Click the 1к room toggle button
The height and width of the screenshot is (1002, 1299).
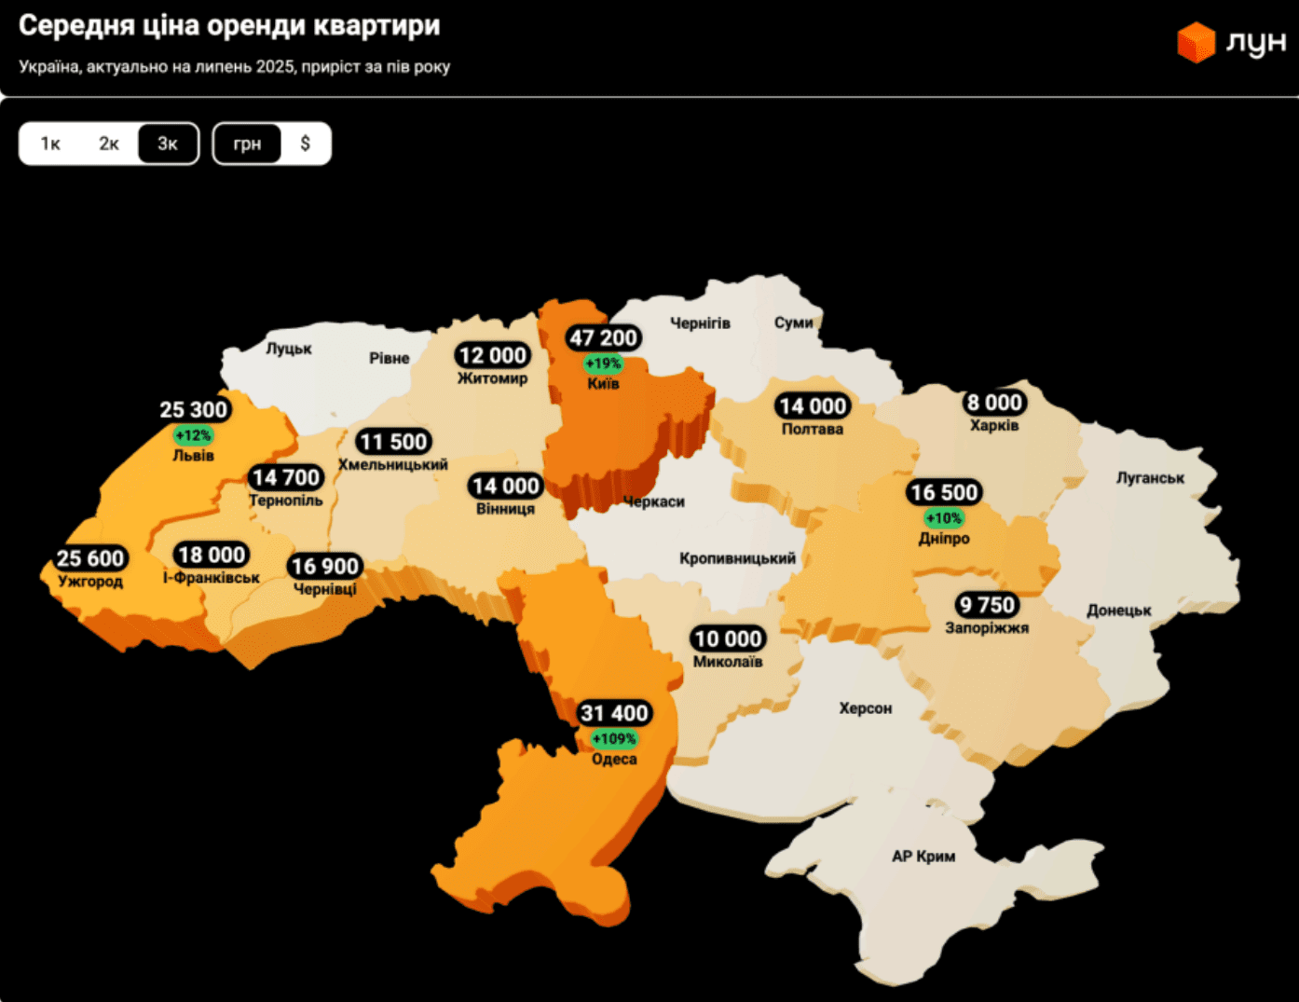[x=50, y=144]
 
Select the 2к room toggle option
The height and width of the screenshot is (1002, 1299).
[x=109, y=144]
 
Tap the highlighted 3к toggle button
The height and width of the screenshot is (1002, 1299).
[x=168, y=144]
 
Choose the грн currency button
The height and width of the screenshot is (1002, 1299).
[x=247, y=144]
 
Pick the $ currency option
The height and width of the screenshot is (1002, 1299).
[x=305, y=144]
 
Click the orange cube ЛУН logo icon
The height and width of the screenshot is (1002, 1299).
[x=1196, y=42]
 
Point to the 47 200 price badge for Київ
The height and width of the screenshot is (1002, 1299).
[x=604, y=337]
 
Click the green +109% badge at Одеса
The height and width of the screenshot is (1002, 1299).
[x=614, y=739]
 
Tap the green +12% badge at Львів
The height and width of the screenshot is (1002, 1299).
[x=193, y=435]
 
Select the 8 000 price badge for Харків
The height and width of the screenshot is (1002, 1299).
[x=994, y=403]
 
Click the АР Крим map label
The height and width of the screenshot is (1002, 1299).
[x=923, y=856]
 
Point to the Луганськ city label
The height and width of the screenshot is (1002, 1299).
[x=1150, y=478]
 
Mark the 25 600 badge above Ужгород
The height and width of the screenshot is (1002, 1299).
[x=90, y=558]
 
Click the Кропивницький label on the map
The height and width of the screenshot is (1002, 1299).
[x=737, y=558]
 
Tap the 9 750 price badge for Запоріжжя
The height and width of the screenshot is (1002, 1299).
[x=987, y=605]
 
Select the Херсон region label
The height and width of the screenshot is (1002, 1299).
[x=865, y=708]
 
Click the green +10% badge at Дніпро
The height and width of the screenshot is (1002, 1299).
[x=943, y=518]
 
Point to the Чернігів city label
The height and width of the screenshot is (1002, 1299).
[x=700, y=323]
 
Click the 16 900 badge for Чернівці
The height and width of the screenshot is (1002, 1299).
[x=325, y=566]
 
